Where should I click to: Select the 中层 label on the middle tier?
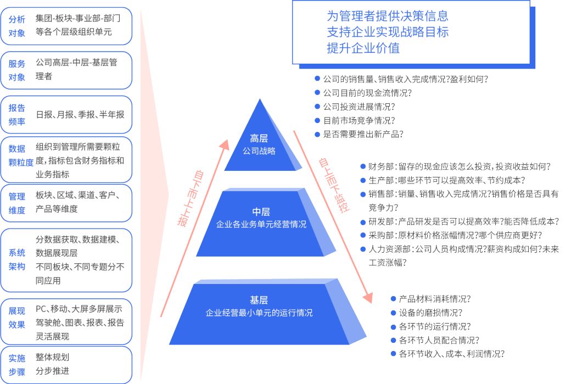(261, 212)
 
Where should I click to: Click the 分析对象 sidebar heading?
(17, 26)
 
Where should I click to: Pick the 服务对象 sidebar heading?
(17, 70)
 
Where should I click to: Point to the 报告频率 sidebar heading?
(17, 115)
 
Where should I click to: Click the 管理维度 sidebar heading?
(17, 203)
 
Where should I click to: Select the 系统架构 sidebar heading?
(17, 259)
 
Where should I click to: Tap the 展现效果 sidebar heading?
(17, 318)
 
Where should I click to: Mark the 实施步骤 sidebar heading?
(17, 365)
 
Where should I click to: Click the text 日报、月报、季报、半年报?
(80, 115)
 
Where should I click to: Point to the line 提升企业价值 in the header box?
(363, 48)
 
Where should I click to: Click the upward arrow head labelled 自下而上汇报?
(223, 144)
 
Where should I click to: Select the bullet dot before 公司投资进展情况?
(317, 107)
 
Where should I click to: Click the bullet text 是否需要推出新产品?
(363, 134)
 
